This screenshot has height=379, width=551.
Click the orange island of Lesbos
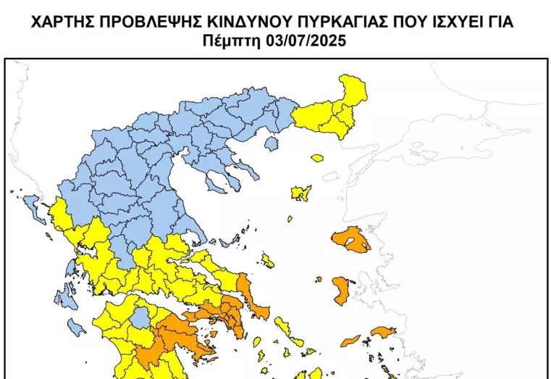(x=352, y=240)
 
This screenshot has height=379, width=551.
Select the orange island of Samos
(x=382, y=333)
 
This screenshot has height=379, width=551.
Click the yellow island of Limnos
(x=301, y=193)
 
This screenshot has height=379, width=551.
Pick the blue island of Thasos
(x=272, y=144)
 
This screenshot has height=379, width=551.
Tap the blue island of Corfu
(x=30, y=202)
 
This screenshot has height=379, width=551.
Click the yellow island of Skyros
(x=268, y=260)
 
